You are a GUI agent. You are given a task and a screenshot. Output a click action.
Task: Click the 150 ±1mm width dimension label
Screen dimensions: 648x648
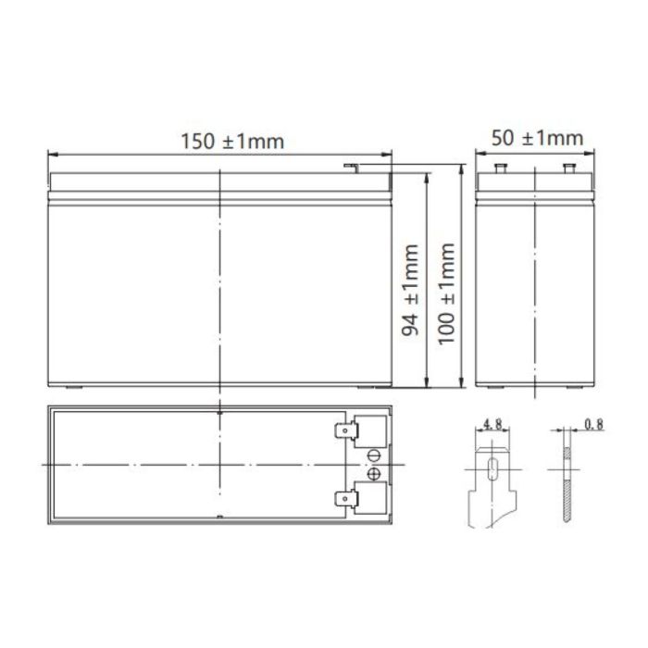[219, 141]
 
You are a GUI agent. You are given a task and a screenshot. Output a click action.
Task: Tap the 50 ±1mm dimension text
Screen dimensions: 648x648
[538, 139]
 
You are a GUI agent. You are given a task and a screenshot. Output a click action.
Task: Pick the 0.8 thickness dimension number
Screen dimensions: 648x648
[593, 427]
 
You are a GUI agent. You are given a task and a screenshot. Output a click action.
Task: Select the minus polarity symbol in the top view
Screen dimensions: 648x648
[376, 455]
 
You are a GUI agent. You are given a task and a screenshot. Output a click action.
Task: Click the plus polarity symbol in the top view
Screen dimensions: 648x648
[376, 475]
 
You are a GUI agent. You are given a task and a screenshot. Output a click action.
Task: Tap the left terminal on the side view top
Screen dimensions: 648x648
[503, 169]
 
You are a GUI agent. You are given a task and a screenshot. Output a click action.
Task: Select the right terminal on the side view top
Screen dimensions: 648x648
[569, 169]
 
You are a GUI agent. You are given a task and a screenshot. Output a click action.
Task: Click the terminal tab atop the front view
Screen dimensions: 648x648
[350, 168]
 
